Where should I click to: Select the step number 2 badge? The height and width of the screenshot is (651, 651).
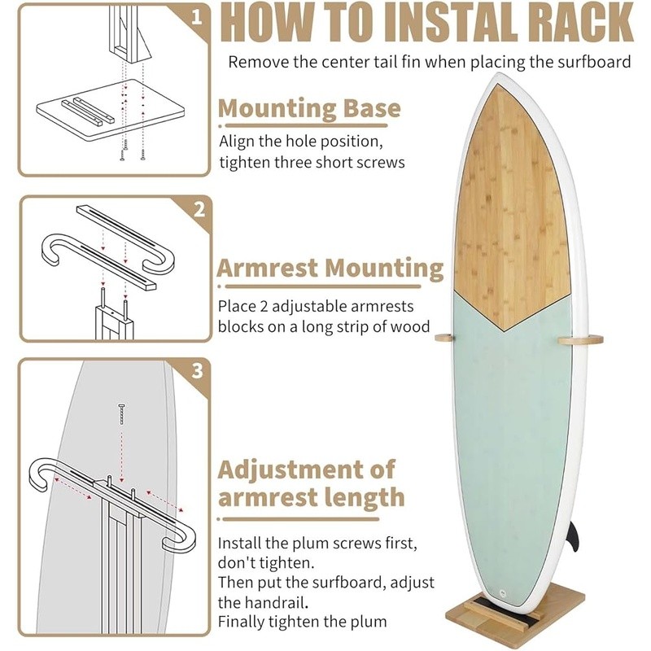click(199, 210)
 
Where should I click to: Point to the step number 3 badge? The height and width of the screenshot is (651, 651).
click(198, 371)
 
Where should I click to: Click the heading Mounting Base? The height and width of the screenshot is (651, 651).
click(309, 108)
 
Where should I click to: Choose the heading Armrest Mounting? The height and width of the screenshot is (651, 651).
click(330, 269)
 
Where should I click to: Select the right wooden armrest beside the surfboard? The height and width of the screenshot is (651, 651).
click(580, 340)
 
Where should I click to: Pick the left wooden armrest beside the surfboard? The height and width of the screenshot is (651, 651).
click(444, 338)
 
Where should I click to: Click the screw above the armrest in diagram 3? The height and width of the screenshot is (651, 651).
click(121, 413)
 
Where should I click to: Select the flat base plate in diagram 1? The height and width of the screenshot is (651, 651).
click(111, 111)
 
